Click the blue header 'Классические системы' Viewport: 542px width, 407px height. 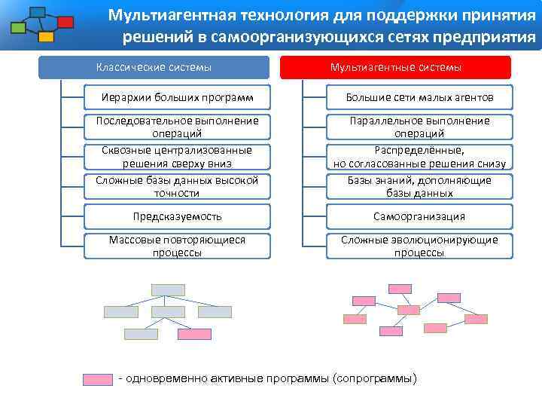pyautogui.click(x=154, y=67)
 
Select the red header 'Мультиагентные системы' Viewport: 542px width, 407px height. pyautogui.click(x=395, y=67)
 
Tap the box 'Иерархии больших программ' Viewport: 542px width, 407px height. pyautogui.click(x=177, y=97)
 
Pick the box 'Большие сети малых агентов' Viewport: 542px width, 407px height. pyautogui.click(x=419, y=97)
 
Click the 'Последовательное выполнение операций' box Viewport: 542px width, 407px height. pyautogui.click(x=177, y=127)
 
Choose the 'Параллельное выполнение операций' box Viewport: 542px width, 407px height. pyautogui.click(x=419, y=127)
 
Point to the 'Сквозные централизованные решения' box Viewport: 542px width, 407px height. pyautogui.click(x=177, y=157)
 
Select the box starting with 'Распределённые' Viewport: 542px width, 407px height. pyautogui.click(x=419, y=157)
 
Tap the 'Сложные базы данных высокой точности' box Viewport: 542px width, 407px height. pyautogui.click(x=177, y=186)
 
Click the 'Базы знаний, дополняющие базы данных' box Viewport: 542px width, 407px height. pyautogui.click(x=419, y=186)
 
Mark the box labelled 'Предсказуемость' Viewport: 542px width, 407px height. pyautogui.click(x=177, y=216)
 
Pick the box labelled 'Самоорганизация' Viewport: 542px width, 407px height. pyautogui.click(x=419, y=216)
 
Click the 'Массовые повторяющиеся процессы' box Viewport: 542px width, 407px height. pyautogui.click(x=177, y=246)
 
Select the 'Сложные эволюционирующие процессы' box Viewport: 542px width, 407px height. pyautogui.click(x=419, y=246)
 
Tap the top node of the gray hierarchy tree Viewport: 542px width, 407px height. pyautogui.click(x=168, y=289)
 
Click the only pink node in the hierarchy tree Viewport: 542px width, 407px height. pyautogui.click(x=194, y=334)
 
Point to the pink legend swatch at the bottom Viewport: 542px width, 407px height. pyautogui.click(x=97, y=379)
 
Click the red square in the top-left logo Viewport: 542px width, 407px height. pyautogui.click(x=65, y=22)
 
